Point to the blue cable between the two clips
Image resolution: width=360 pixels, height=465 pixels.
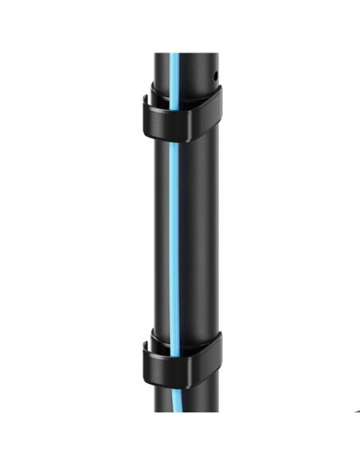(x=173, y=239)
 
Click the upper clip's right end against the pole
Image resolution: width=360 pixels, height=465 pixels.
(x=217, y=100)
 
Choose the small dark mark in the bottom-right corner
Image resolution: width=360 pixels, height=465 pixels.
(x=356, y=412)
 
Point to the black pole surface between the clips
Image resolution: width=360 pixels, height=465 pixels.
(x=195, y=239)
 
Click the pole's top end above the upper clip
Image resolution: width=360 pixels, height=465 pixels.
(x=187, y=57)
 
